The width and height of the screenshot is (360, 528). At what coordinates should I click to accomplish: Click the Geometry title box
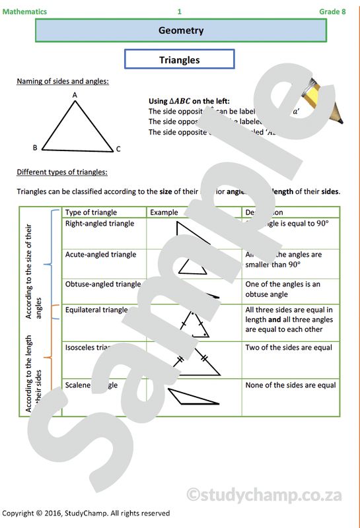180,30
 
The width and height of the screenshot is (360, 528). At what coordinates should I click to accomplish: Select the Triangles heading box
180,60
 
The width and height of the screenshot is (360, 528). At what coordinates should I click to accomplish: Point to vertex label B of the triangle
35,148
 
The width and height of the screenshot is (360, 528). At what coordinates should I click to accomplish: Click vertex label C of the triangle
118,149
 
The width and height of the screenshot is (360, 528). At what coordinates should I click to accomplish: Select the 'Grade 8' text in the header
332,11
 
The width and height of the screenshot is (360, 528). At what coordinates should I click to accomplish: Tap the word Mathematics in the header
24,11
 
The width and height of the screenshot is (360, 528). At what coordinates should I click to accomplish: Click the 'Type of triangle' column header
91,213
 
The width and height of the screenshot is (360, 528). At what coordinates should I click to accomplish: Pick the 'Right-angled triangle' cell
100,224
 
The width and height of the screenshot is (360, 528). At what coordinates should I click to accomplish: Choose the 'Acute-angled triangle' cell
101,254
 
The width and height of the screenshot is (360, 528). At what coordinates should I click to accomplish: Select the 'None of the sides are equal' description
290,385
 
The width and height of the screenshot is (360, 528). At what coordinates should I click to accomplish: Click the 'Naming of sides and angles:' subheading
63,82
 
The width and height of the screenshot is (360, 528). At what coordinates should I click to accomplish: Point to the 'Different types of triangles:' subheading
62,173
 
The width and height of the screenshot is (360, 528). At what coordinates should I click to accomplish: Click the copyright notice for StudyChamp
86,513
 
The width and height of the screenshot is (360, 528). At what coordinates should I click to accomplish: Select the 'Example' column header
164,213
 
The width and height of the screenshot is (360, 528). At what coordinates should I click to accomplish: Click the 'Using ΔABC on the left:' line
189,101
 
